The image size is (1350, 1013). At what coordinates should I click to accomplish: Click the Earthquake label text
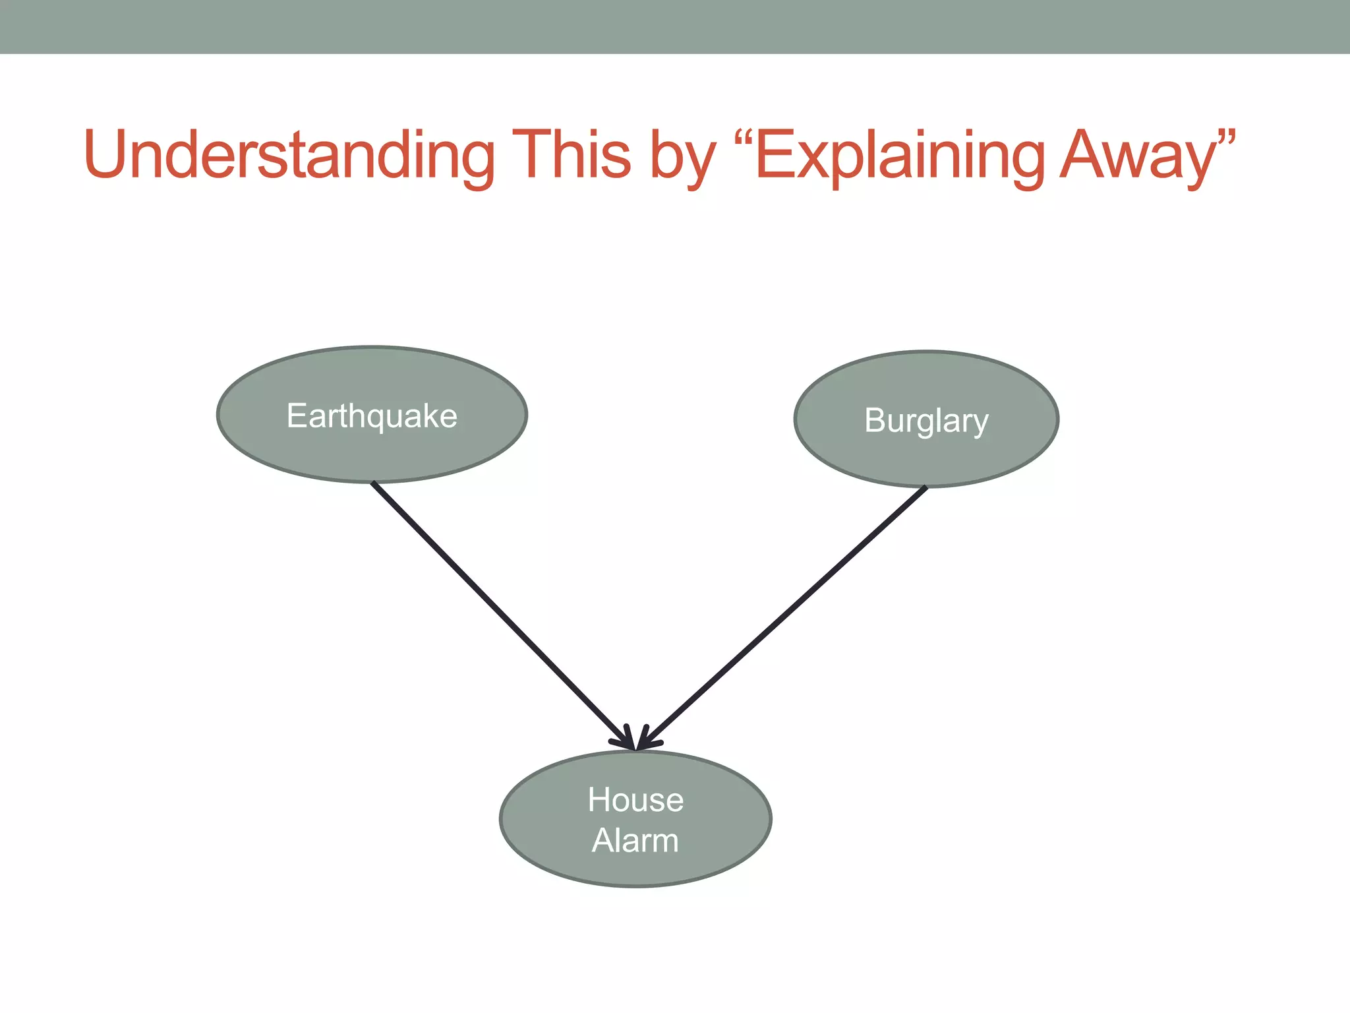pos(372,416)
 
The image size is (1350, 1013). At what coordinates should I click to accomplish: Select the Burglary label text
pos(926,421)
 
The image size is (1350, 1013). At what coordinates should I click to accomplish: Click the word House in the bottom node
pos(635,800)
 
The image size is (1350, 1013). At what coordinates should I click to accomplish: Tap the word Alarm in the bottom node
pos(635,841)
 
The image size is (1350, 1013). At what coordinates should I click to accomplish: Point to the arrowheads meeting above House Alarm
pos(636,742)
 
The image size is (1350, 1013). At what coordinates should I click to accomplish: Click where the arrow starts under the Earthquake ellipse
pos(374,484)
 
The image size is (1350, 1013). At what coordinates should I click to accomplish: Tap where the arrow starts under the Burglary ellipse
pos(925,489)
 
